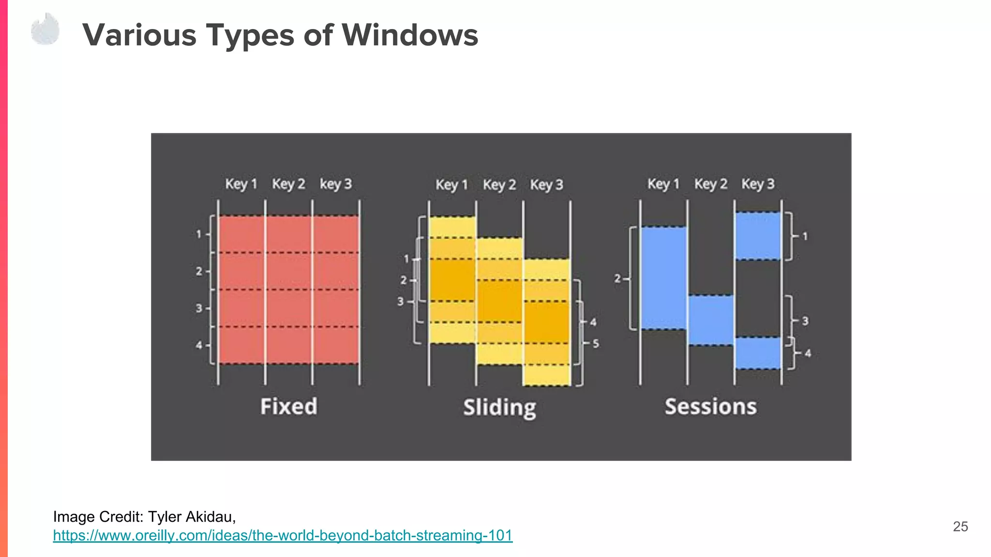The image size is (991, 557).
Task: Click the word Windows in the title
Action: (410, 35)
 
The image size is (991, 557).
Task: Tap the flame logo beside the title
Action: (45, 30)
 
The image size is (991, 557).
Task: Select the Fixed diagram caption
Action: (289, 406)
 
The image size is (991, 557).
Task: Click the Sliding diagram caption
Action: (499, 408)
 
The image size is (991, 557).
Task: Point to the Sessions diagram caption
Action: (710, 406)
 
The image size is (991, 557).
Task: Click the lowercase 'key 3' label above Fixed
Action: (335, 184)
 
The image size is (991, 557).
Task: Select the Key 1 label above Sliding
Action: (451, 185)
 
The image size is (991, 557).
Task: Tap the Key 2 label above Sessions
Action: (710, 184)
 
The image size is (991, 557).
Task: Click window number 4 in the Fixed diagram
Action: (199, 345)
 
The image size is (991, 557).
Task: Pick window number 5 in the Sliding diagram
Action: (596, 343)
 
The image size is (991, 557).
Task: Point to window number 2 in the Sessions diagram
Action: (617, 278)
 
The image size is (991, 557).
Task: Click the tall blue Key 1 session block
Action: (663, 278)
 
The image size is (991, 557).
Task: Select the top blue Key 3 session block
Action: (758, 236)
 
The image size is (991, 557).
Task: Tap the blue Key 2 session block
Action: (710, 320)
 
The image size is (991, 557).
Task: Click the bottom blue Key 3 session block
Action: (758, 353)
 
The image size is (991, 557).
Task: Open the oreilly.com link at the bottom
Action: (283, 535)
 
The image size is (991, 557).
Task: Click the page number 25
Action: (960, 527)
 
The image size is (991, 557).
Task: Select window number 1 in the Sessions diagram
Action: (805, 236)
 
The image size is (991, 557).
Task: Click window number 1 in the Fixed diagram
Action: (199, 234)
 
